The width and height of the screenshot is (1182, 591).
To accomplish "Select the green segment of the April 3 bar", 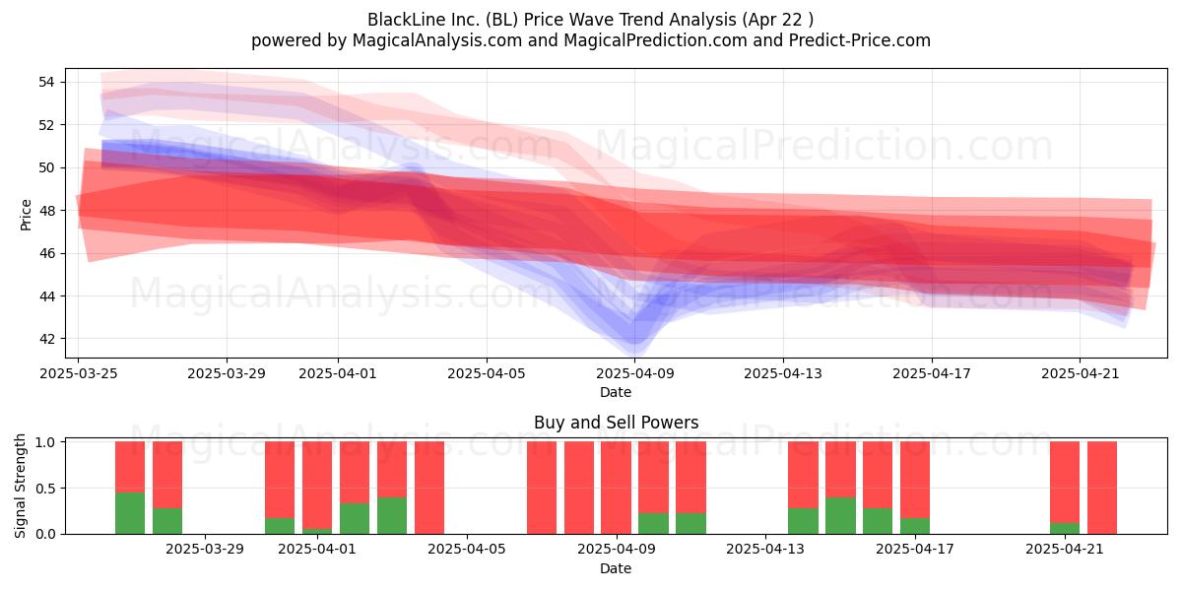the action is [392, 515].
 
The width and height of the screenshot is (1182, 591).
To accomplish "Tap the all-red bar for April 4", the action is [429, 488].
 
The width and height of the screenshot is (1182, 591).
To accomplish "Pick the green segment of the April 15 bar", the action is [840, 515].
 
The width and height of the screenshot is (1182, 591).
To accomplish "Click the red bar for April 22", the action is [1102, 488].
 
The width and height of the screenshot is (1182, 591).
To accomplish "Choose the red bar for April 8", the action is [579, 488].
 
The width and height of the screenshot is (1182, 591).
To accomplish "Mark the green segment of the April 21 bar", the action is [1065, 528].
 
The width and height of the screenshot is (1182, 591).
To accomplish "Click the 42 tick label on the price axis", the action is [46, 339].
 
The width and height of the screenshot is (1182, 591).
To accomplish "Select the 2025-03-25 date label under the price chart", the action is [79, 373].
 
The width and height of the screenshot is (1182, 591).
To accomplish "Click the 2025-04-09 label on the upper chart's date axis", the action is [635, 373].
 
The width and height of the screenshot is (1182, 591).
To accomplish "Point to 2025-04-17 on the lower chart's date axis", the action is [915, 550].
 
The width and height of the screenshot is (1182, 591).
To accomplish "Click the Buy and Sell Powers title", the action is [617, 423].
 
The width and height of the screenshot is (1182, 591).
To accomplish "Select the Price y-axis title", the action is [26, 215].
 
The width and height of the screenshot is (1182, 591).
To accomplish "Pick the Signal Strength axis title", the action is [20, 486].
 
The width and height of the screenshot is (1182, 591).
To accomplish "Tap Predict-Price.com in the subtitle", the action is [860, 40].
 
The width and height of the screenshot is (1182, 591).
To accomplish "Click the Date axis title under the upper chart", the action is [616, 392].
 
